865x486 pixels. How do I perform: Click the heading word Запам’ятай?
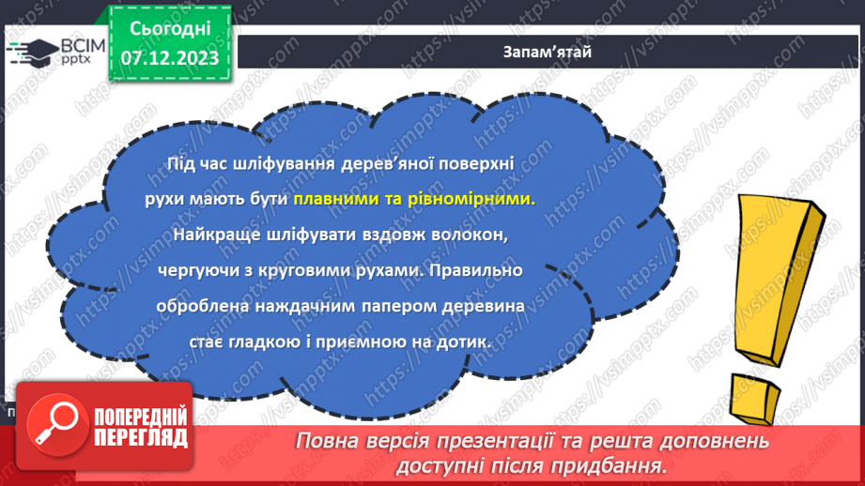546,52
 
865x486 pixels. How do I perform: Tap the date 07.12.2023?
170,58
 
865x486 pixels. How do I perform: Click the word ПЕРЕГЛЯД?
139,436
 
